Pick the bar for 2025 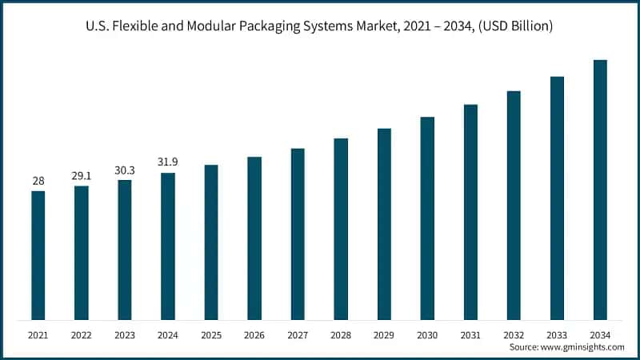[x=211, y=243]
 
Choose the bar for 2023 [x=125, y=250]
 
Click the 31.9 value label [x=168, y=162]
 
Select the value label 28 [x=38, y=181]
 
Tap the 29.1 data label [x=82, y=175]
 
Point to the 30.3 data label [x=125, y=170]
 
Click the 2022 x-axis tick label [x=82, y=334]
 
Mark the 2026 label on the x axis [x=254, y=334]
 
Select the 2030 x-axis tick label [x=427, y=334]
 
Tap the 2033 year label [x=557, y=334]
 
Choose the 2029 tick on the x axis [x=384, y=334]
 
